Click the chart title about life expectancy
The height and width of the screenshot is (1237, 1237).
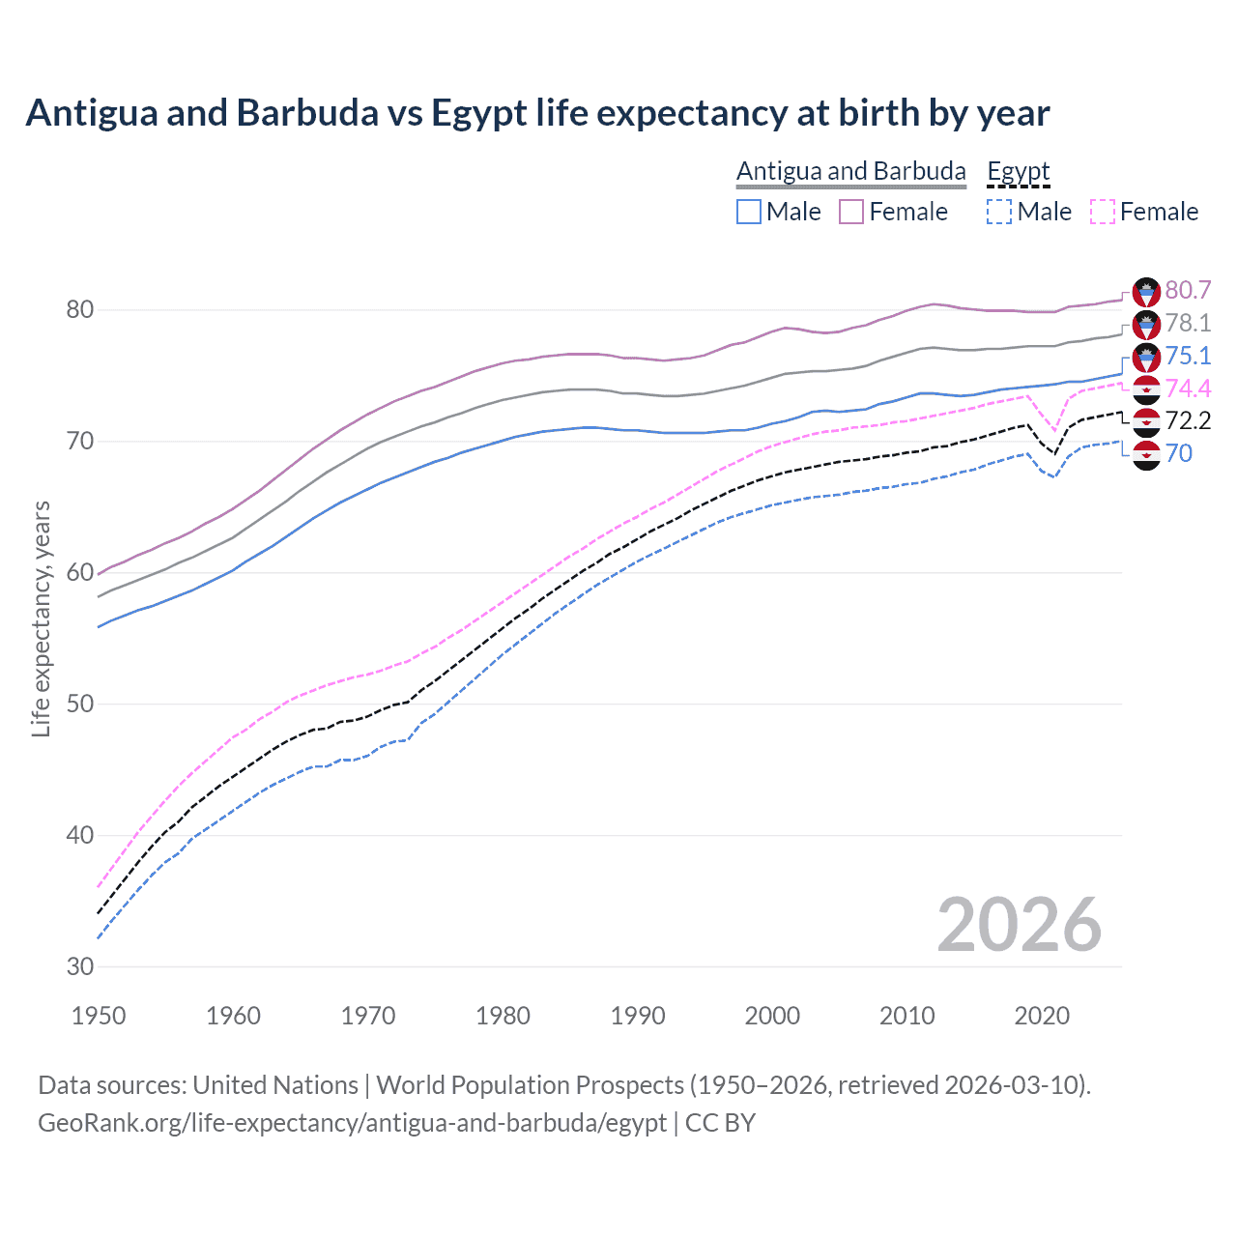tap(537, 113)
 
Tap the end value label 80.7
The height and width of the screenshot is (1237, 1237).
tap(1188, 290)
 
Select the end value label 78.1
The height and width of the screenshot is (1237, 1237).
tap(1188, 323)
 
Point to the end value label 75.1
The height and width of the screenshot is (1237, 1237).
tap(1188, 356)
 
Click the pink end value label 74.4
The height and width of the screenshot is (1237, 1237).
tap(1188, 388)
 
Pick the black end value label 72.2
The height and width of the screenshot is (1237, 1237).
tap(1188, 420)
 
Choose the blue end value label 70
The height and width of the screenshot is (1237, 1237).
tap(1178, 453)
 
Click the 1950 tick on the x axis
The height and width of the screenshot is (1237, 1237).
tap(99, 1016)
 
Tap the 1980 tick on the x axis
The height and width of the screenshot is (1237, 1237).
tap(503, 1016)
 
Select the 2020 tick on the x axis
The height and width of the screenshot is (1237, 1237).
tap(1042, 1016)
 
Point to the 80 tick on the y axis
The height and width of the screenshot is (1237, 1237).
tap(79, 310)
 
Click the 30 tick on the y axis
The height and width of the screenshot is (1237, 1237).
tap(79, 966)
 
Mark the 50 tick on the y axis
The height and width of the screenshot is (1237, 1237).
tap(79, 704)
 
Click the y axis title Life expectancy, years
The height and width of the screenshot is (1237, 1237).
tap(41, 618)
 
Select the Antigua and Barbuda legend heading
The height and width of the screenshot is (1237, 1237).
tap(850, 171)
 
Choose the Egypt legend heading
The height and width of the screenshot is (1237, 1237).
tap(1018, 171)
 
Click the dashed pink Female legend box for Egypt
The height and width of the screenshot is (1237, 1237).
tap(1103, 212)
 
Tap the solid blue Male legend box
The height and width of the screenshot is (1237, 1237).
tap(749, 212)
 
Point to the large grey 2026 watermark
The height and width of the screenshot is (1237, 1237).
tap(1019, 925)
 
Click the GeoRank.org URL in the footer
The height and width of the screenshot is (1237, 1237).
tap(352, 1123)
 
